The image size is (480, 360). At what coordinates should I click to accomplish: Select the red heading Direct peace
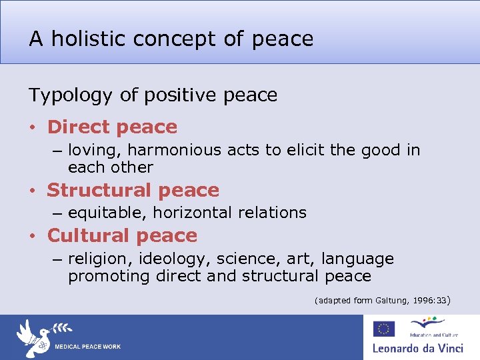[112, 127]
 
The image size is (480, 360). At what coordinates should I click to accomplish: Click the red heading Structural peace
[133, 190]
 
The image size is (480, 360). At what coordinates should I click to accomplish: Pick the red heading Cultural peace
[122, 235]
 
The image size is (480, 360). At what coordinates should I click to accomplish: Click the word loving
[93, 151]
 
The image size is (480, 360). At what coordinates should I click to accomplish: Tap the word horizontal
[180, 213]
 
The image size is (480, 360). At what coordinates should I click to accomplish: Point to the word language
[360, 259]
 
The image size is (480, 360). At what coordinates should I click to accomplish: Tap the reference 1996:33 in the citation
[430, 301]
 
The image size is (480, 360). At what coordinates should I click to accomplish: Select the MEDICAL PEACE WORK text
[87, 347]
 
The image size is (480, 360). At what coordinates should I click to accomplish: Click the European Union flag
[383, 328]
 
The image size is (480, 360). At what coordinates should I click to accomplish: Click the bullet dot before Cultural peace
[32, 237]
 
